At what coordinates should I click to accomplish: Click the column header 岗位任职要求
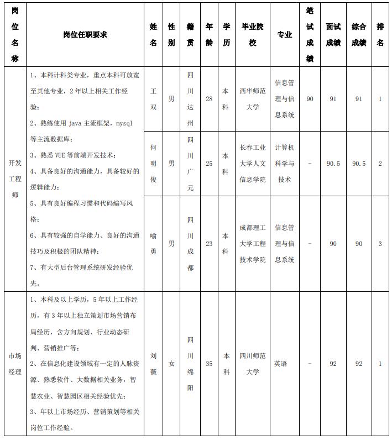pos(85,34)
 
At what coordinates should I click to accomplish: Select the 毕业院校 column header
pos(253,34)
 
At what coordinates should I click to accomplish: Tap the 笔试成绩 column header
pos(310,34)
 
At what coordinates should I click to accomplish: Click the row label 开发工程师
pos(15,179)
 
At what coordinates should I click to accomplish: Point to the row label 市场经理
pos(15,364)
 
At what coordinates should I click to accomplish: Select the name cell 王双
pos(153,98)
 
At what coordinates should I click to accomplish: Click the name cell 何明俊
pos(153,163)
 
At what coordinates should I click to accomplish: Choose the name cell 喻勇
pos(153,243)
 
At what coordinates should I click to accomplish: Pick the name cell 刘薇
pos(153,364)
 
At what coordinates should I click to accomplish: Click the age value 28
pos(209,98)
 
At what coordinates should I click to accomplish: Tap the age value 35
pos(209,364)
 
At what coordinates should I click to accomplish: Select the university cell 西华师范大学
pos(253,98)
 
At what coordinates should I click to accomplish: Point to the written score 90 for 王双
pos(310,98)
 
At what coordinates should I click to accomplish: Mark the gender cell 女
pos(171,364)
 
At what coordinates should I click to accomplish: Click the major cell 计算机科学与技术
pos(284,163)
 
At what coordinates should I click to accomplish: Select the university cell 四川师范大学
pos(253,364)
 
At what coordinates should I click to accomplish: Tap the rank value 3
pos(380,243)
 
